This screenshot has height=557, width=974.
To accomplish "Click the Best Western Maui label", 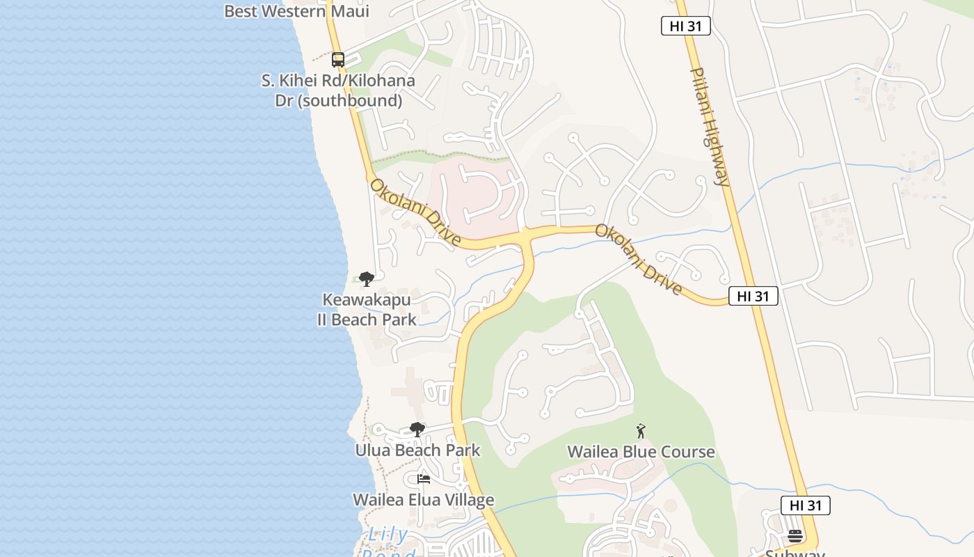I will click(x=296, y=11).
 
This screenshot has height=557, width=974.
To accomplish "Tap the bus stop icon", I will click(x=338, y=60).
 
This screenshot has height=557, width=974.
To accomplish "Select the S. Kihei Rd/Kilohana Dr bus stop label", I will click(x=338, y=91).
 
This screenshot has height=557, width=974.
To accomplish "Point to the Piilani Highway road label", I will click(x=710, y=127).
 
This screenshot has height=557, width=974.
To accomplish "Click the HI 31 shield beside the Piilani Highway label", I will click(x=685, y=26).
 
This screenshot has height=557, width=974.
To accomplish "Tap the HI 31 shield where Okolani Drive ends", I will click(x=753, y=296).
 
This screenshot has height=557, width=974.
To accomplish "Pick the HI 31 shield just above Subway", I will click(x=805, y=505).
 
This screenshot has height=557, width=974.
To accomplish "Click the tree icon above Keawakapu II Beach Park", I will click(x=367, y=280).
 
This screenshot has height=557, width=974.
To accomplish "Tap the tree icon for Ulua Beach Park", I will click(x=417, y=430).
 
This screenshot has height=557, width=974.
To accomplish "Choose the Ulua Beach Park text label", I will click(x=417, y=450).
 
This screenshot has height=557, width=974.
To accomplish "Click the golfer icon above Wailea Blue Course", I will click(x=641, y=431).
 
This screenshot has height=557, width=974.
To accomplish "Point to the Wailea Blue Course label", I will click(x=641, y=452).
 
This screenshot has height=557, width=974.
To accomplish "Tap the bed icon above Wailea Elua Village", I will click(x=423, y=479).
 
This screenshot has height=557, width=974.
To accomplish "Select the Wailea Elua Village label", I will click(x=423, y=500).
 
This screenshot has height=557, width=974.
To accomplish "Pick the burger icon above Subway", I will click(x=795, y=535).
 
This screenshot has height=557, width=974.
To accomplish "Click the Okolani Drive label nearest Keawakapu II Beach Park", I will click(x=415, y=212).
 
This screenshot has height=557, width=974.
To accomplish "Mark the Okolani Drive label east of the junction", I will click(x=638, y=259).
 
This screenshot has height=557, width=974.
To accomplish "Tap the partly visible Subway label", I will click(x=795, y=553).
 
